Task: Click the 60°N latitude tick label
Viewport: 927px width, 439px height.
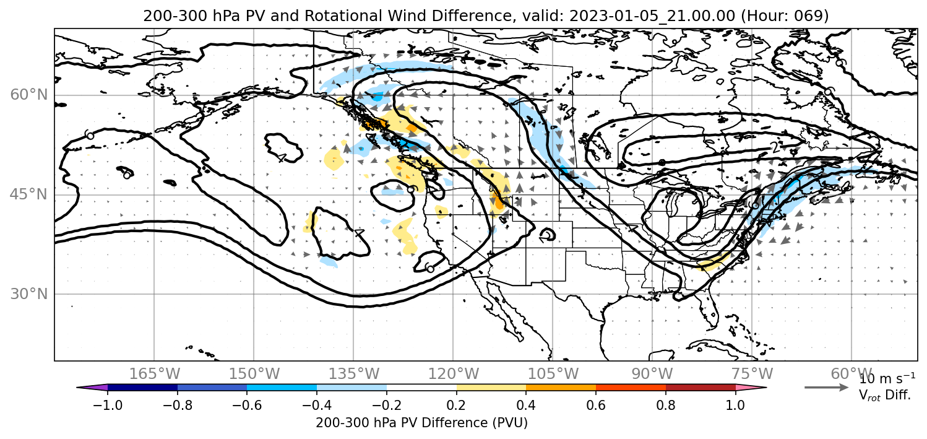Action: tap(29, 95)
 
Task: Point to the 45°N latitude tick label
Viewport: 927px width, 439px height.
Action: tap(29, 194)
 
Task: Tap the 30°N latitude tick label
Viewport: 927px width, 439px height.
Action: tap(29, 294)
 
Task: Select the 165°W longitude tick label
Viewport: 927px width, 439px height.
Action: tap(154, 374)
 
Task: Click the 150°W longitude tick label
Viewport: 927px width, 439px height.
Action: tap(254, 374)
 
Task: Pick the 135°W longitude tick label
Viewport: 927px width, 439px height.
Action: tap(353, 374)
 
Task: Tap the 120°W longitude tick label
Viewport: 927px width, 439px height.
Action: tap(453, 374)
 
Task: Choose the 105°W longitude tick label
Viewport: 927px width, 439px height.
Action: tap(553, 374)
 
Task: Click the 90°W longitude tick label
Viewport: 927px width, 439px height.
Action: tap(652, 374)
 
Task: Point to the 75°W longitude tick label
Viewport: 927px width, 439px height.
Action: tap(752, 374)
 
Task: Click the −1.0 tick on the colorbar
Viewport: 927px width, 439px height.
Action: tap(108, 404)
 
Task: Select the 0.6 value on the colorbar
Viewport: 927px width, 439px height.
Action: tap(596, 404)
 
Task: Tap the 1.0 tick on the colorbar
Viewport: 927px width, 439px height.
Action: tap(735, 404)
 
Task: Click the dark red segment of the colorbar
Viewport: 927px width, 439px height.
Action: tap(701, 388)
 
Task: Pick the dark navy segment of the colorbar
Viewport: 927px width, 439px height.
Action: tap(143, 388)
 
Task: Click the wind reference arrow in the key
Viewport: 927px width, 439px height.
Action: tap(826, 387)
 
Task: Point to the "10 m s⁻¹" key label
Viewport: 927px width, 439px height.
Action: tap(887, 378)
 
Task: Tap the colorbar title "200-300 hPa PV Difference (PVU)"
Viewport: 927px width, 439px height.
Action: tap(421, 423)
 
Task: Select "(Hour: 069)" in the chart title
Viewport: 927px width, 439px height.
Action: tap(785, 15)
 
